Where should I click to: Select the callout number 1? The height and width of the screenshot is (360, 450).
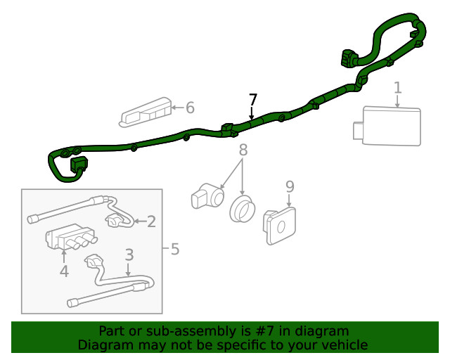click(x=397, y=88)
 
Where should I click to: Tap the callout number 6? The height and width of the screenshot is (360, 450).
click(x=189, y=108)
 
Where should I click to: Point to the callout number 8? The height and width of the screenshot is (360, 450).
click(x=243, y=150)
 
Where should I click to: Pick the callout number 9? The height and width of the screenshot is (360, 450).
click(x=290, y=186)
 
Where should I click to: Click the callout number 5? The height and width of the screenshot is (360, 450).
click(x=174, y=248)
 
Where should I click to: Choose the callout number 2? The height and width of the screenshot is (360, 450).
click(x=151, y=222)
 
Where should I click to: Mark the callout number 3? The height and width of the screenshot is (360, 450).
click(x=129, y=255)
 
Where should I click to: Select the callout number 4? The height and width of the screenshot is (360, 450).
click(x=64, y=271)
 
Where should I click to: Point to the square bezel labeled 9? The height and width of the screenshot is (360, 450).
click(x=280, y=226)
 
